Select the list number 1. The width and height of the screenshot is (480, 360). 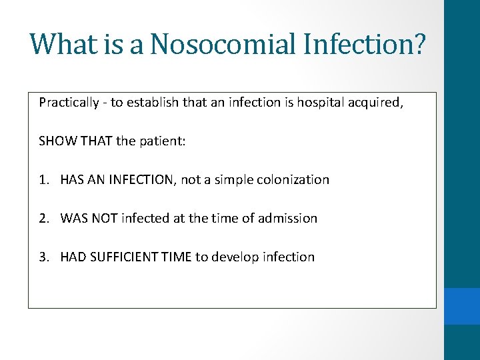(43, 180)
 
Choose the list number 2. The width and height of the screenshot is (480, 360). (43, 219)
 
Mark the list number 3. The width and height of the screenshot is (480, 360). (43, 257)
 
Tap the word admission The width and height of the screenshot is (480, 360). (288, 219)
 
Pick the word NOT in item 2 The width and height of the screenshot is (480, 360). (105, 219)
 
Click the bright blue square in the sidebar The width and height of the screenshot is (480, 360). (462, 306)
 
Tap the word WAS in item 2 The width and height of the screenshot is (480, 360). (73, 219)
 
